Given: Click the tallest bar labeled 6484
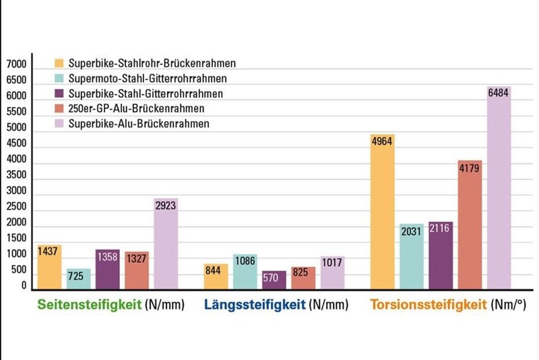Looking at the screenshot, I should click(499, 189).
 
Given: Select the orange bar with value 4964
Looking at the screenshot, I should click(383, 212).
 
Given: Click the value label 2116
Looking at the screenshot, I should click(441, 229).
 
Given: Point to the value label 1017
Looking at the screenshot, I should click(332, 263).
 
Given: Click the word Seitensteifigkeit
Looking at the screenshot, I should click(90, 305).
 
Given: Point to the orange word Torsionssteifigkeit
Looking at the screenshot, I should click(428, 305).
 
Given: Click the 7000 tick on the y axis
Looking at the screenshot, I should click(15, 65).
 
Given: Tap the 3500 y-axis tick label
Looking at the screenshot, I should click(15, 175).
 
